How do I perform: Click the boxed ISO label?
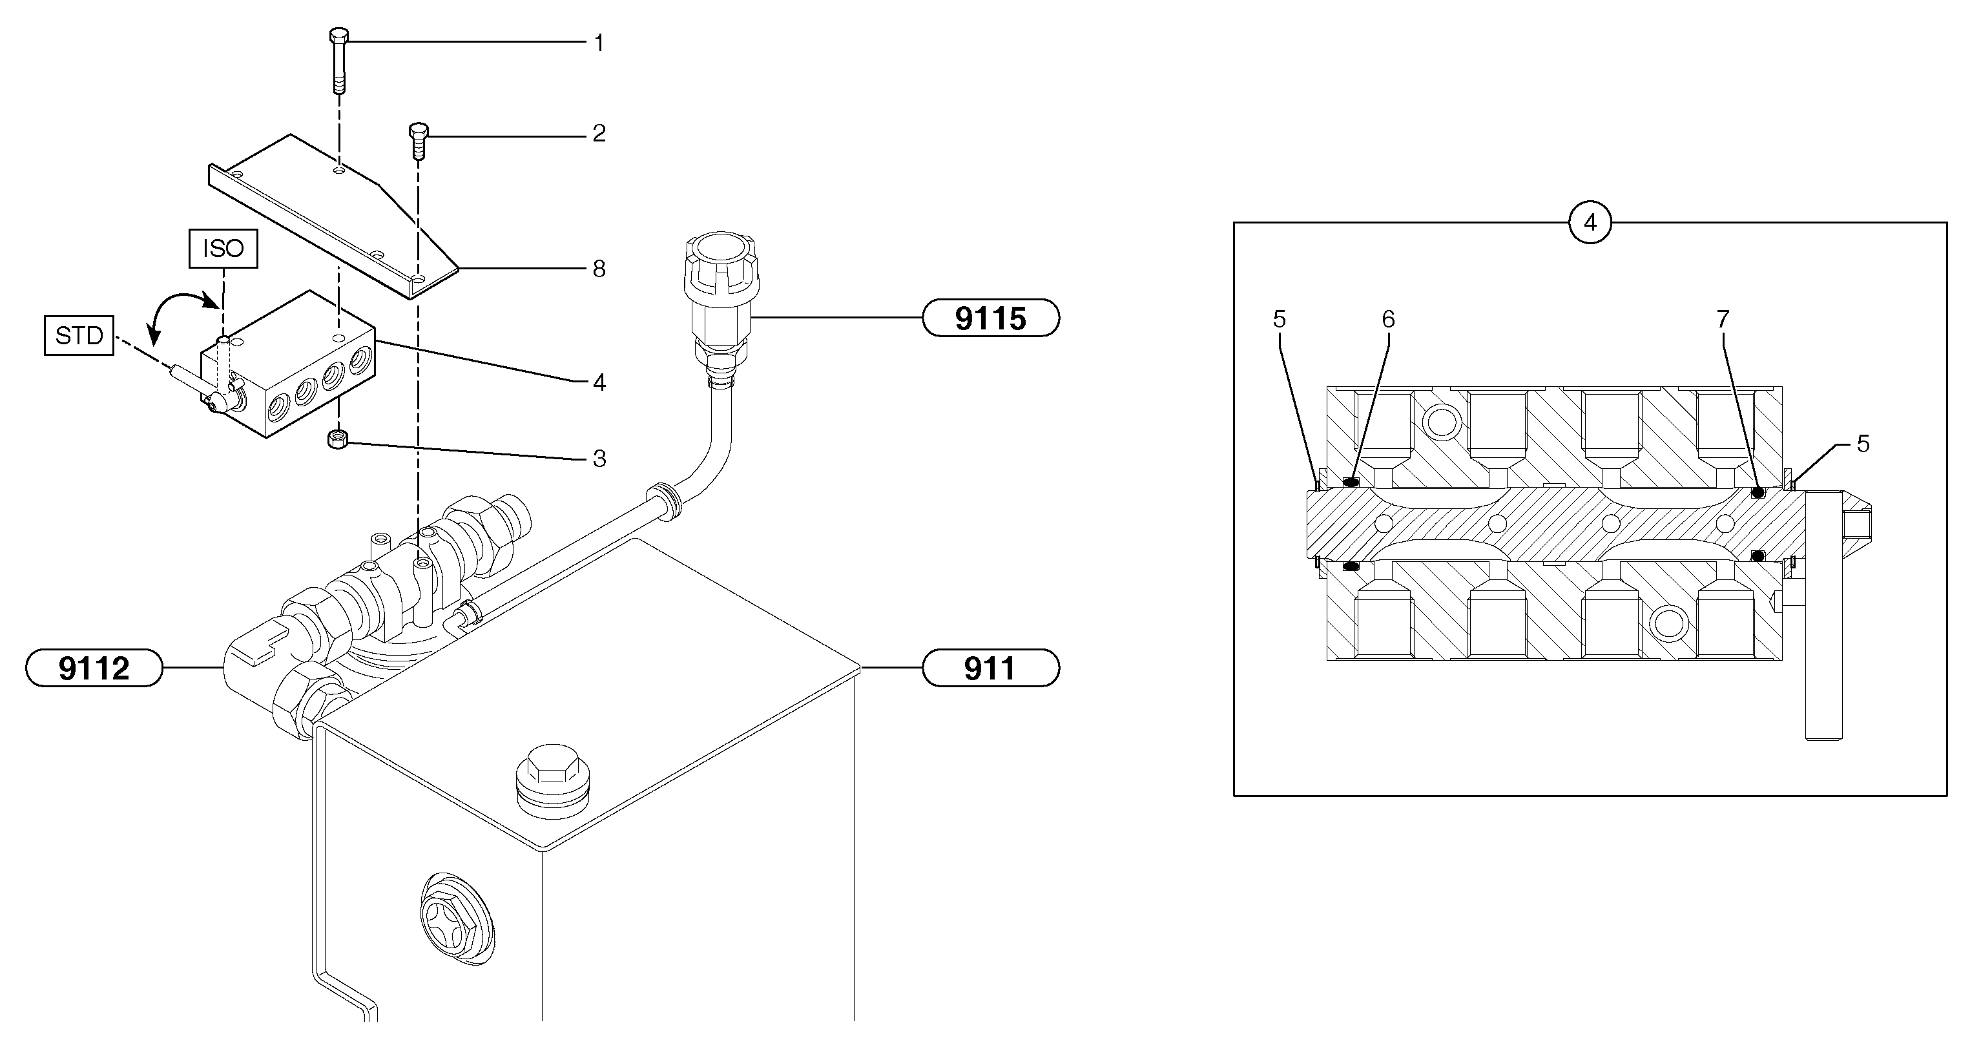click(x=223, y=249)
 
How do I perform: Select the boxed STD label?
click(x=79, y=335)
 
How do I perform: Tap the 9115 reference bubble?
click(x=991, y=318)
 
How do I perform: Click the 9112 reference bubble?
click(x=94, y=668)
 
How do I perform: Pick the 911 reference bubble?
click(x=991, y=668)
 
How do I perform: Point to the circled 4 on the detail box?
click(x=1590, y=223)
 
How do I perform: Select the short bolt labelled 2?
click(x=417, y=138)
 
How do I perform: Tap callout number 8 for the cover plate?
click(x=599, y=269)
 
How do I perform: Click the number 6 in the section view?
click(x=1388, y=318)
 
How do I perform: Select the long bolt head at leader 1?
click(x=338, y=36)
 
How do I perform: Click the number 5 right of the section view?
click(x=1863, y=444)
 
